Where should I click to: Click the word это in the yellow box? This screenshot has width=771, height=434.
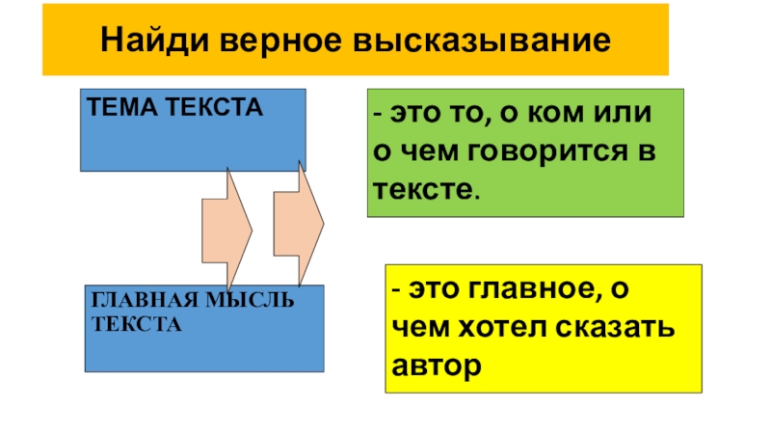click(x=431, y=289)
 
